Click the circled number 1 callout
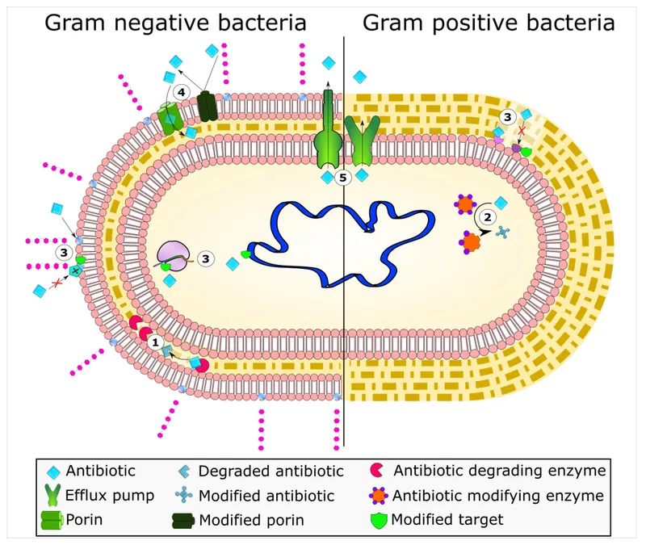[154, 342]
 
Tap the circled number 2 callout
[487, 216]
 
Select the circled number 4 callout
[182, 93]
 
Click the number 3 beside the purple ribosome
[206, 258]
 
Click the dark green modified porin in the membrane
[208, 107]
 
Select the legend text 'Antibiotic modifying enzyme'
[499, 495]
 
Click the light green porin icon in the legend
[52, 520]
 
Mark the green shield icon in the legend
[377, 520]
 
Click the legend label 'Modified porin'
[251, 520]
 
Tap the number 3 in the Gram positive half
[507, 117]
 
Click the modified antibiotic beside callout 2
[502, 233]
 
